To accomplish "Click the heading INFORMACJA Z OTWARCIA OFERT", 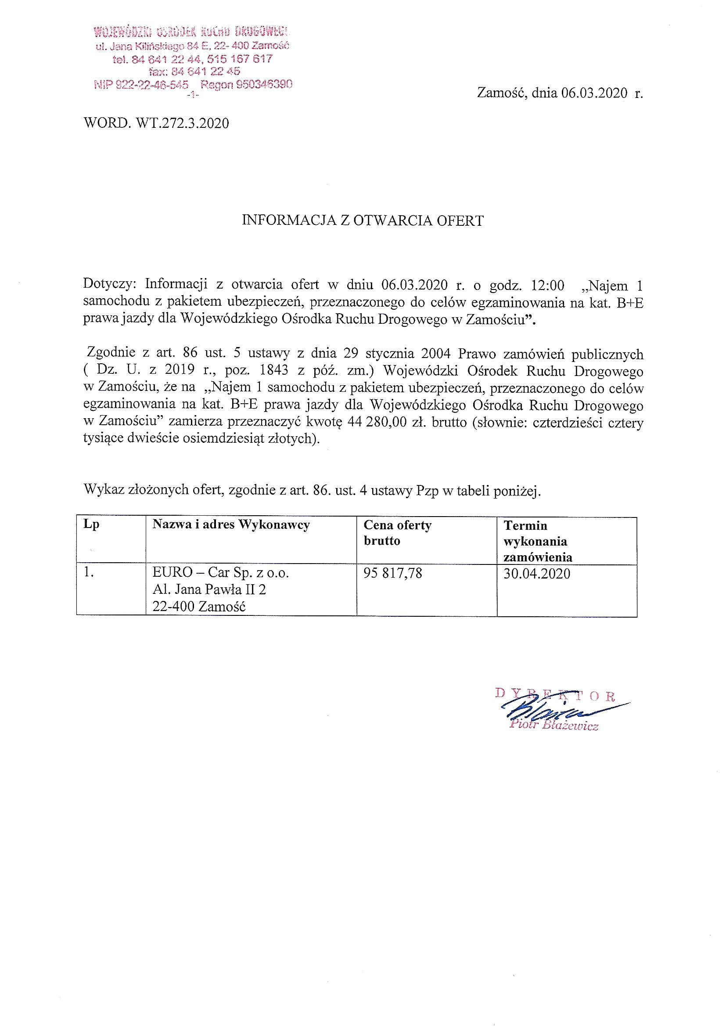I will pyautogui.click(x=363, y=221).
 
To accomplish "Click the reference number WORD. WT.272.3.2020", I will pyautogui.click(x=156, y=123).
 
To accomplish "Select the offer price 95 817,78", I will pyautogui.click(x=392, y=573).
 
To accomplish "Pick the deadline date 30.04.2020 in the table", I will pyautogui.click(x=536, y=573).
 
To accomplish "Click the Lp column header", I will pyautogui.click(x=91, y=524).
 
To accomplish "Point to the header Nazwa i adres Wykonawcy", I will pyautogui.click(x=231, y=524).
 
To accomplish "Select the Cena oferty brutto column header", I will pyautogui.click(x=397, y=533).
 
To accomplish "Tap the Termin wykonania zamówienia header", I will pyautogui.click(x=537, y=541).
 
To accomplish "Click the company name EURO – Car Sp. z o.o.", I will pyautogui.click(x=221, y=573).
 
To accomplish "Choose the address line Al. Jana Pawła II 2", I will pyautogui.click(x=209, y=590).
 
